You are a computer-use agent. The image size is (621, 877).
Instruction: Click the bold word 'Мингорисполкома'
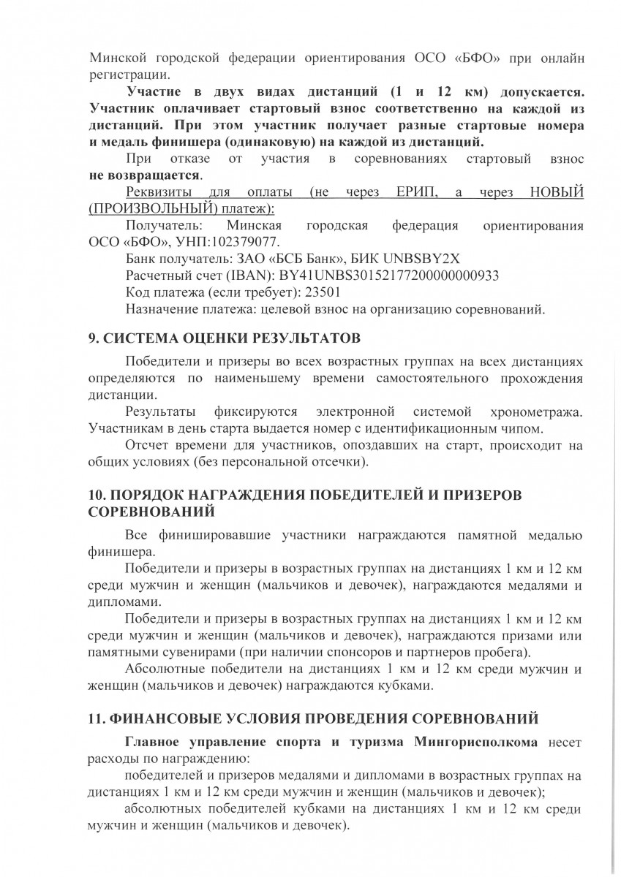pyautogui.click(x=476, y=743)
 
